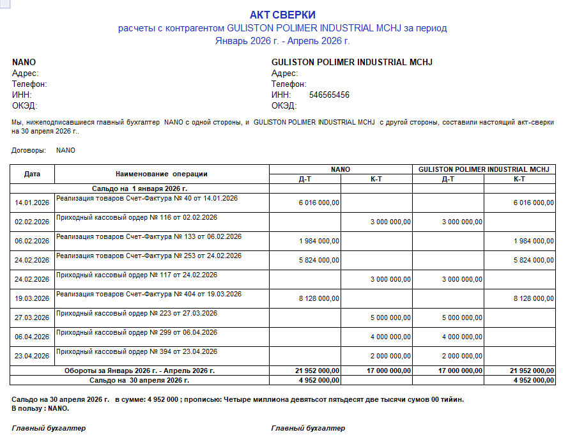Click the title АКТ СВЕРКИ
pyautogui.click(x=282, y=15)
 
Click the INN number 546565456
pyautogui.click(x=329, y=95)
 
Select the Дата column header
pyautogui.click(x=32, y=174)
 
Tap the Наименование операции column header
pyautogui.click(x=162, y=174)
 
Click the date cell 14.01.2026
pyautogui.click(x=32, y=203)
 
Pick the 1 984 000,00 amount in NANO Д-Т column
pyautogui.click(x=319, y=241)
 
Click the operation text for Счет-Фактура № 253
pyautogui.click(x=149, y=256)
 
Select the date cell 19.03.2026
pyautogui.click(x=32, y=298)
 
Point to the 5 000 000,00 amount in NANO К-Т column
pyautogui.click(x=390, y=318)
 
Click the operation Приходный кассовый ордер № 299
pyautogui.click(x=137, y=332)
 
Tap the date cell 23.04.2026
pyautogui.click(x=32, y=356)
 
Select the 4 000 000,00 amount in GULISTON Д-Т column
pyautogui.click(x=462, y=337)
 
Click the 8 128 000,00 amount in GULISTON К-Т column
pyautogui.click(x=534, y=298)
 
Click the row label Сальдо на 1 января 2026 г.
pyautogui.click(x=139, y=188)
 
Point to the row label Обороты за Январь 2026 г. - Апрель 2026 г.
pyautogui.click(x=139, y=371)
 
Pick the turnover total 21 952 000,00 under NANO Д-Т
pyautogui.click(x=317, y=371)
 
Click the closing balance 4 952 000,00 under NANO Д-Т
pyautogui.click(x=319, y=380)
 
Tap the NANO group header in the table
pyautogui.click(x=341, y=169)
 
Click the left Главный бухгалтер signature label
pyautogui.click(x=49, y=428)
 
